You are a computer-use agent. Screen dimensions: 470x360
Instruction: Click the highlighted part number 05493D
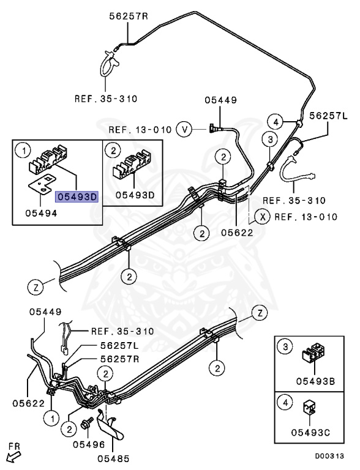tap(77, 196)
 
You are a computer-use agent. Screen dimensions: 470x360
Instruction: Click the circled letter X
tap(261, 217)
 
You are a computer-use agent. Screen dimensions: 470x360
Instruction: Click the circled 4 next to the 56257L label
tap(276, 122)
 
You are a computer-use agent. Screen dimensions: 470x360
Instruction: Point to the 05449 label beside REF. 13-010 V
tap(219, 100)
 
